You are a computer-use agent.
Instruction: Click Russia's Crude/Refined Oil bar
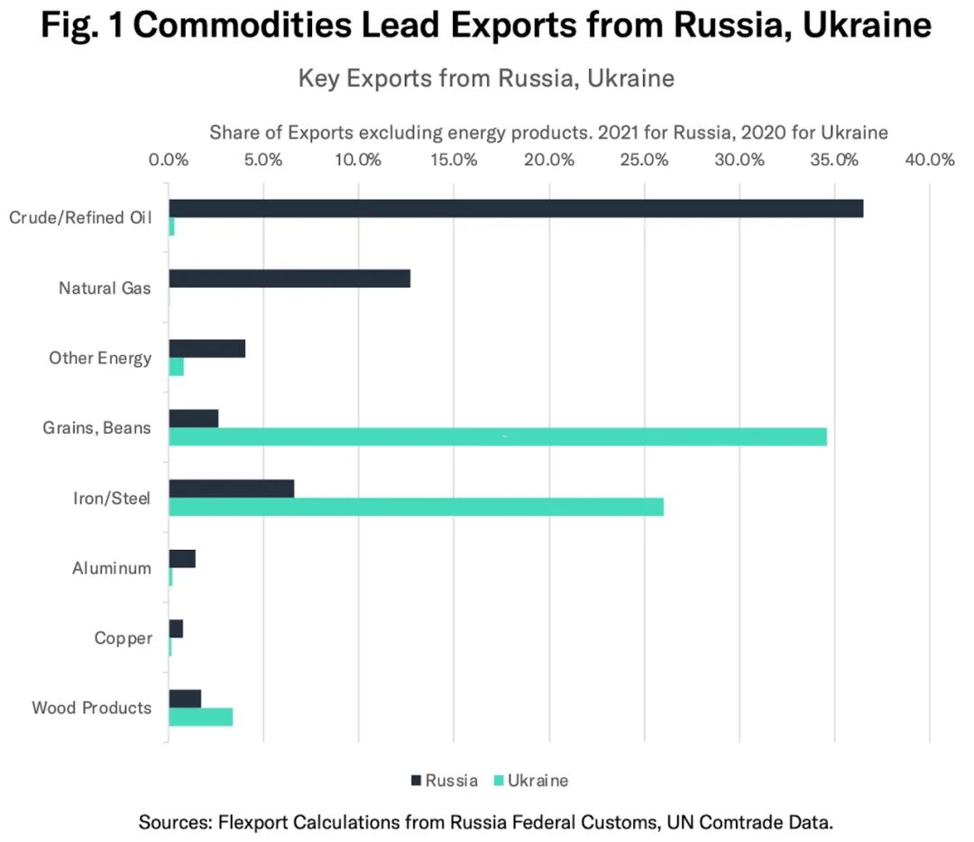click(x=515, y=208)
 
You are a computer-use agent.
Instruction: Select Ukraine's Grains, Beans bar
click(x=497, y=437)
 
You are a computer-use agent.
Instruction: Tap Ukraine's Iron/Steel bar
click(x=416, y=507)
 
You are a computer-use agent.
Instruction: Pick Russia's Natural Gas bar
click(x=289, y=279)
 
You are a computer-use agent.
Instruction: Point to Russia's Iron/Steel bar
click(x=231, y=489)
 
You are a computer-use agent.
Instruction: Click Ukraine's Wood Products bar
click(x=200, y=718)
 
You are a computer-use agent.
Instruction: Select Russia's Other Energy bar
click(x=207, y=348)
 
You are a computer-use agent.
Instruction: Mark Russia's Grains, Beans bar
click(x=193, y=418)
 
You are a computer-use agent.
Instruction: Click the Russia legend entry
click(x=444, y=781)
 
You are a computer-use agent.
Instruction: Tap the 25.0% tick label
click(x=644, y=160)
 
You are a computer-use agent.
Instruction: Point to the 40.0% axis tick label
click(x=930, y=160)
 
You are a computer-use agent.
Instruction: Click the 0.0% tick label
click(x=169, y=160)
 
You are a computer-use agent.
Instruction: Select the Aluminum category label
click(x=112, y=569)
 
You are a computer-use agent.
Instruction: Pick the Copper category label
click(x=123, y=638)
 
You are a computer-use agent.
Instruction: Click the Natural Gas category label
click(x=105, y=288)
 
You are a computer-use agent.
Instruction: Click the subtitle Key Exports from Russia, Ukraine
click(x=486, y=78)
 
